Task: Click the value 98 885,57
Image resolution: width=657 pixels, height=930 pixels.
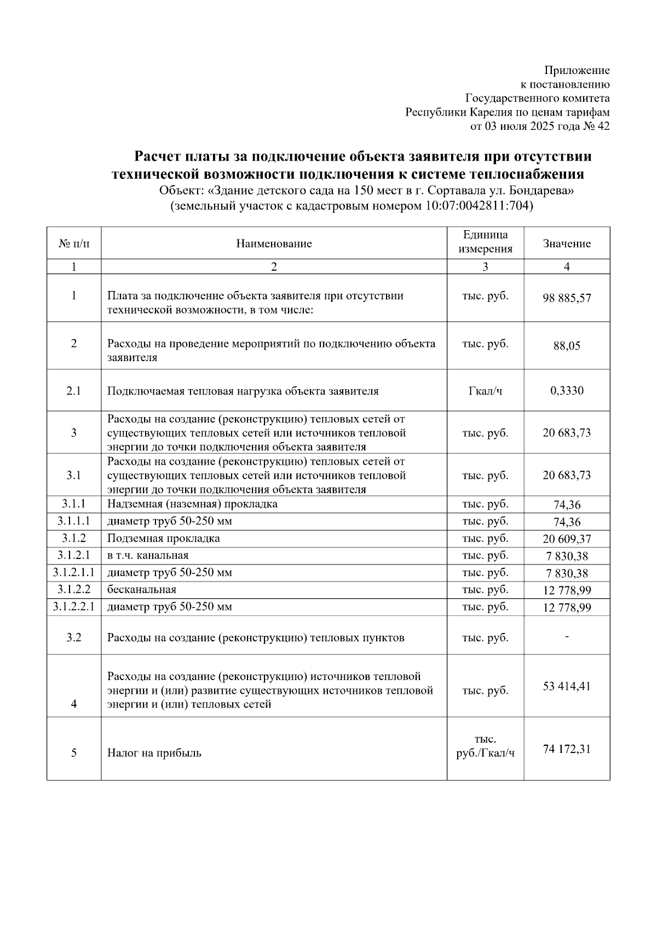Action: (x=567, y=299)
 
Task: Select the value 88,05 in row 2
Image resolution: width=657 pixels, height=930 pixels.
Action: (x=567, y=346)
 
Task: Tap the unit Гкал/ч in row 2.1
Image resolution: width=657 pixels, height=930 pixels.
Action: (x=485, y=391)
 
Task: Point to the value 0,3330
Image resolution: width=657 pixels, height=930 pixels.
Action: (x=567, y=391)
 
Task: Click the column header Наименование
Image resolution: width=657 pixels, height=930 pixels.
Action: (x=274, y=244)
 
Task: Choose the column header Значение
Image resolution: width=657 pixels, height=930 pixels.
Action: (x=567, y=244)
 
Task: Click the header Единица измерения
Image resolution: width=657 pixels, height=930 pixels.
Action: (x=485, y=242)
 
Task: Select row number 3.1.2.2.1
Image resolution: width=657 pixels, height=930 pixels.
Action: (x=74, y=607)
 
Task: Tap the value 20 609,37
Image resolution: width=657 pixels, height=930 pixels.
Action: (x=567, y=539)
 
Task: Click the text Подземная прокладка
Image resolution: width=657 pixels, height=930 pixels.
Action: (x=164, y=538)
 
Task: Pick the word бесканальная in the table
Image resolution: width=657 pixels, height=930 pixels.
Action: (x=142, y=590)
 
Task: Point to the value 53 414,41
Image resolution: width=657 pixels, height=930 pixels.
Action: (x=567, y=686)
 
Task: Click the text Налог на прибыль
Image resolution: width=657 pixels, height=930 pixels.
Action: (x=154, y=753)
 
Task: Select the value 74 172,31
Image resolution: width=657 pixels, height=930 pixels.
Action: (x=567, y=749)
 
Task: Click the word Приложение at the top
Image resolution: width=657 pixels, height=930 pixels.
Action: (x=577, y=71)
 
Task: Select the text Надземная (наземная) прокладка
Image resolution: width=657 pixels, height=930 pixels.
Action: (x=192, y=504)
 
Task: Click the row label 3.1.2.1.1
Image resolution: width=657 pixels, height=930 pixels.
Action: (x=74, y=573)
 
